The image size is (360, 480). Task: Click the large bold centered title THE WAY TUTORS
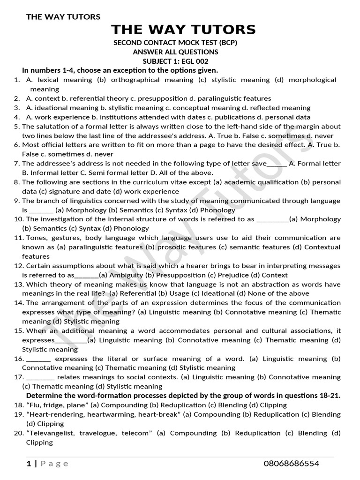(x=183, y=30)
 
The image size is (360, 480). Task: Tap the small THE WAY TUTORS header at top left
(x=63, y=17)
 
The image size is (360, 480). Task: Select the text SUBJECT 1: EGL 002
(x=175, y=61)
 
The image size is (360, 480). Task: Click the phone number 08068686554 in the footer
(x=291, y=464)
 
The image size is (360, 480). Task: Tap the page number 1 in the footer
(x=29, y=464)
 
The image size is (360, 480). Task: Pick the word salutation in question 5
(x=53, y=127)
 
